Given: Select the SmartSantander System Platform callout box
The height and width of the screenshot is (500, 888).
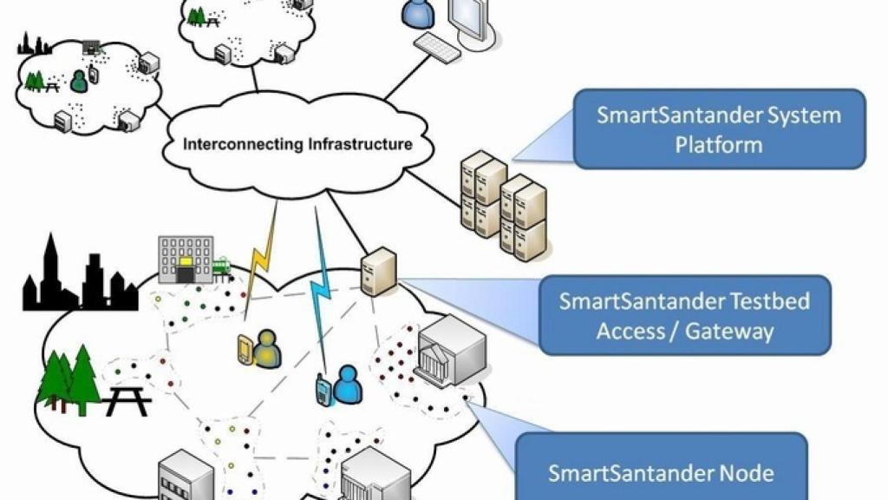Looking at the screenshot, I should tap(719, 128).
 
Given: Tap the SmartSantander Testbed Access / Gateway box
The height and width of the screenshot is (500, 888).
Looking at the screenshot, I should tap(684, 315).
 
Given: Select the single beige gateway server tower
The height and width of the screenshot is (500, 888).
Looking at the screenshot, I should tap(378, 272).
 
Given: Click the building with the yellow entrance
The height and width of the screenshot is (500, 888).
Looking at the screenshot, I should tap(184, 259).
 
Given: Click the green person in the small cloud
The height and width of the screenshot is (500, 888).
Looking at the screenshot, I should tap(79, 80).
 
